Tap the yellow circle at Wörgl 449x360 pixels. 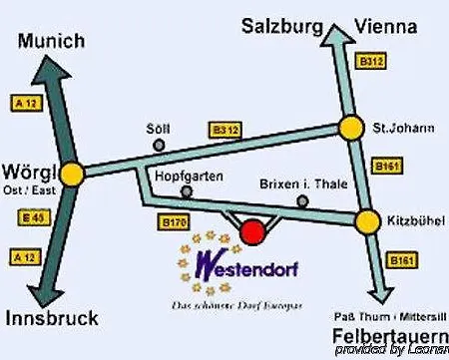point(72,172)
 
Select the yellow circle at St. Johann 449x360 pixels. point(351,129)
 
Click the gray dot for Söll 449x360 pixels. point(159,146)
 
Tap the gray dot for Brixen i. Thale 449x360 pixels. point(302,201)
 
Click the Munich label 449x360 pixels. point(51,41)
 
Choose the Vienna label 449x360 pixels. point(385,27)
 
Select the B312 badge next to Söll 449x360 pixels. point(224,130)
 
